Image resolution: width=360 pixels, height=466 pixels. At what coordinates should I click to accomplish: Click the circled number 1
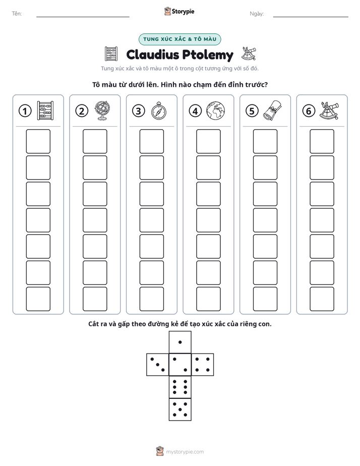(x=25, y=111)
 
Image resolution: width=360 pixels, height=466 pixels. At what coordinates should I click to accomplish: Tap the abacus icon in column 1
(x=45, y=110)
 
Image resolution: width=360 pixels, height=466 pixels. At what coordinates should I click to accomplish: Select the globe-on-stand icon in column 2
(x=102, y=110)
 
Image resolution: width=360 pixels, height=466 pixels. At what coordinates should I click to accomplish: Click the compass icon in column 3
(x=159, y=111)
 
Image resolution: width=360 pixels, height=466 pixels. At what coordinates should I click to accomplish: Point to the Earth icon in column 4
(x=216, y=111)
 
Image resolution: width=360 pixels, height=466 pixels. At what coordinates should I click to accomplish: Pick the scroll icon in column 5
(x=272, y=110)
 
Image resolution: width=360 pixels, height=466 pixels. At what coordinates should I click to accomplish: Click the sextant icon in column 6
(x=329, y=110)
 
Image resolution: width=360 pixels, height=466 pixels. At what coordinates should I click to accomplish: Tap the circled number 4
(x=195, y=111)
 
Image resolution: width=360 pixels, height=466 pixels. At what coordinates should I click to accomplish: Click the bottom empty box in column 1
(x=38, y=299)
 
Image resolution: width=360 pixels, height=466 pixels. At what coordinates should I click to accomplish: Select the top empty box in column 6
(x=322, y=141)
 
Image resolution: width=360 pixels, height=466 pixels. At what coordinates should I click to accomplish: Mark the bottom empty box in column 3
(x=152, y=299)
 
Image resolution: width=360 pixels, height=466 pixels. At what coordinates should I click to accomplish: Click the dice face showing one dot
(x=180, y=342)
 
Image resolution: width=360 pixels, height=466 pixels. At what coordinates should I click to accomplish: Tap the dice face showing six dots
(x=180, y=387)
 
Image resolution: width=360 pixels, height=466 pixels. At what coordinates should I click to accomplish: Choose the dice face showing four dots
(x=203, y=365)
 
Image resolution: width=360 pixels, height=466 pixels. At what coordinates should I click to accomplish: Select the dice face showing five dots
(x=180, y=410)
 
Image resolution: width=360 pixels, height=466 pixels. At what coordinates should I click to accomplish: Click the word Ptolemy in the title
(x=208, y=55)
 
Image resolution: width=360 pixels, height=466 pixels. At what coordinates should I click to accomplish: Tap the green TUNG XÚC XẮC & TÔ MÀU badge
(x=179, y=39)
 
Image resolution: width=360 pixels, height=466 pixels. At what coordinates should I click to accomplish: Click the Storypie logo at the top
(x=179, y=12)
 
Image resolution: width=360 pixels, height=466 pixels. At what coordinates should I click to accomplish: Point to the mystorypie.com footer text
(x=185, y=452)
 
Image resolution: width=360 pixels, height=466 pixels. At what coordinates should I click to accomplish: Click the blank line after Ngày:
(x=311, y=17)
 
